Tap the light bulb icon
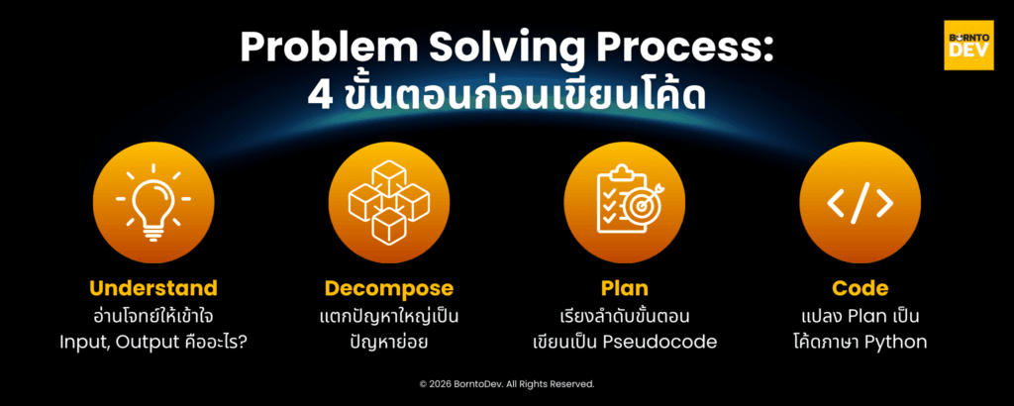153,202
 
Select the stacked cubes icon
389,202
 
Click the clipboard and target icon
624,202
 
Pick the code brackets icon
860,202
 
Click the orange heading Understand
153,289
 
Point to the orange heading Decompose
389,289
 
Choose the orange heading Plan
624,289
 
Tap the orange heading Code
860,289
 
